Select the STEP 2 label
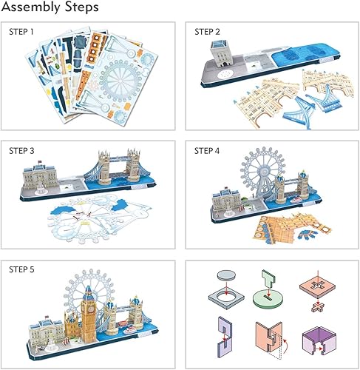[x=208, y=33]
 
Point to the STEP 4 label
[x=208, y=151]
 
